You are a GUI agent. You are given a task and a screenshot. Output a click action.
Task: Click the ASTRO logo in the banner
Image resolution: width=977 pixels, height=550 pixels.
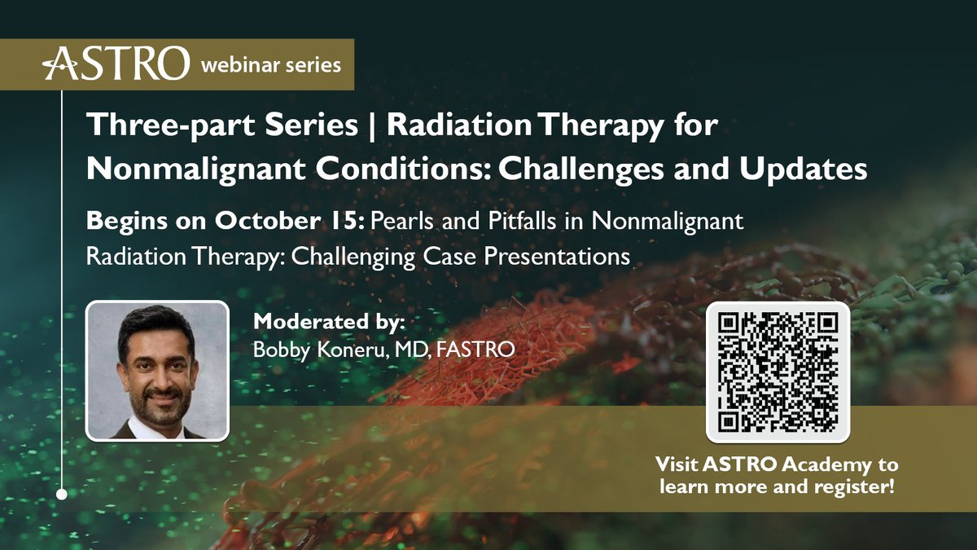coord(116,63)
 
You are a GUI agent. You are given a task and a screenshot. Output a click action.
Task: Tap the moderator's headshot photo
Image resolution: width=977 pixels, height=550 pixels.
coord(157,371)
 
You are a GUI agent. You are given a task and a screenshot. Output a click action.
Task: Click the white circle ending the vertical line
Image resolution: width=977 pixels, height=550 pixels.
coord(62,493)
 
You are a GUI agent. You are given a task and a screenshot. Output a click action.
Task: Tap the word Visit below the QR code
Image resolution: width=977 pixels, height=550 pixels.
coord(679,465)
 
